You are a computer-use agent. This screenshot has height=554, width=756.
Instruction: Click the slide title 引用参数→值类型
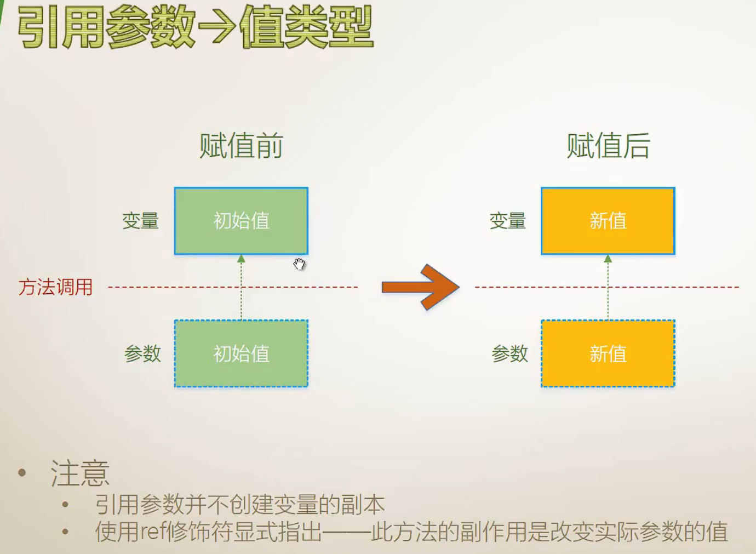click(x=195, y=27)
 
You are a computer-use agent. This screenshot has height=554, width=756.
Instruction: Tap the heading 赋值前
click(x=241, y=146)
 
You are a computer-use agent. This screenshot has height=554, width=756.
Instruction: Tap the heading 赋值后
click(x=608, y=146)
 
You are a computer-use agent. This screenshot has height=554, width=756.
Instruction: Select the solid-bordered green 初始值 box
click(x=241, y=221)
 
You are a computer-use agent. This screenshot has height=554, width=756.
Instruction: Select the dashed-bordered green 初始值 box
click(x=241, y=353)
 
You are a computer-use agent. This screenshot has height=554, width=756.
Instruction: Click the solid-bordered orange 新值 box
click(x=608, y=221)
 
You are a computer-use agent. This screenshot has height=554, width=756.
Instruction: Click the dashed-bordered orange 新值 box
click(x=608, y=353)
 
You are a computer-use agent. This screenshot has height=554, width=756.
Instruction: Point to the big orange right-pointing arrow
click(x=420, y=287)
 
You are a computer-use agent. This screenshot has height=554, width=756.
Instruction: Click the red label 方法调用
click(x=55, y=287)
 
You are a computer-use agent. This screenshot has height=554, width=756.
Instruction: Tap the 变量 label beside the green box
click(x=140, y=221)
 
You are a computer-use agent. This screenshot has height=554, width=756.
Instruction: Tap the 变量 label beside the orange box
click(x=507, y=221)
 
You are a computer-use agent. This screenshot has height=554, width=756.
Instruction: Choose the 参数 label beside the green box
click(x=142, y=353)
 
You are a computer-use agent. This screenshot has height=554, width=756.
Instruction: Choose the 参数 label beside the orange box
click(x=509, y=353)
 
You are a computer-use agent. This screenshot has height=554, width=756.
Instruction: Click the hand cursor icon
click(x=299, y=264)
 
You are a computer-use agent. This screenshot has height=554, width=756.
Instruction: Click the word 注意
click(x=80, y=473)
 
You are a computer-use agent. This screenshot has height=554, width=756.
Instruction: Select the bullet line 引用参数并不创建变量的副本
click(x=239, y=505)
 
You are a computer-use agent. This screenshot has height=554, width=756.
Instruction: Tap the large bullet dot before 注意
click(x=22, y=472)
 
